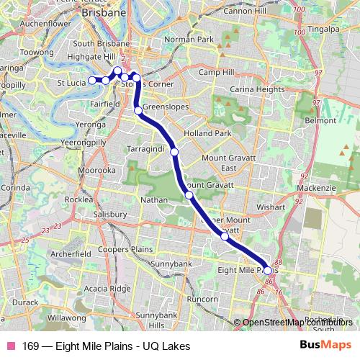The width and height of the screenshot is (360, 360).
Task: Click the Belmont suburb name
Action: point(321,121)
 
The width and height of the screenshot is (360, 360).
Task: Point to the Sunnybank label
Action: point(171,264)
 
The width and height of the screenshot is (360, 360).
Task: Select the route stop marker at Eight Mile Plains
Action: point(268,271)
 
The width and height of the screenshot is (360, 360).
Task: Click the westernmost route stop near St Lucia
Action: point(91,79)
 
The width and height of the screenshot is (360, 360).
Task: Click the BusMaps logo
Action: point(325,346)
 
